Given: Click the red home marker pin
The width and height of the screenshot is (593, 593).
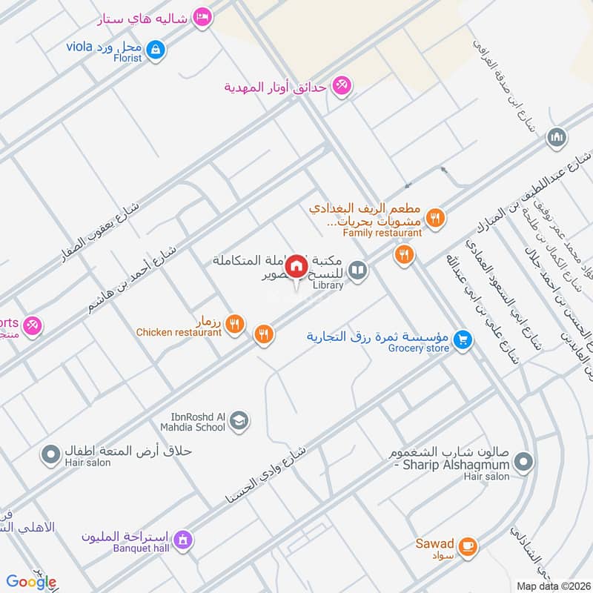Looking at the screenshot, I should [296, 265].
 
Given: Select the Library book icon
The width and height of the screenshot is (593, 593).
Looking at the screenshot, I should [358, 271].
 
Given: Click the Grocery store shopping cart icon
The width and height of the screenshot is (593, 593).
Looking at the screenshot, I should [463, 339].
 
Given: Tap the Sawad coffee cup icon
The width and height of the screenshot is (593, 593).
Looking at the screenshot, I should [467, 546].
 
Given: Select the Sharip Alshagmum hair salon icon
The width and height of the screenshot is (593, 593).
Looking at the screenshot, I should [524, 463].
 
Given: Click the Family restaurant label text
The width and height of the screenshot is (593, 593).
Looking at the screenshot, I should [368, 233].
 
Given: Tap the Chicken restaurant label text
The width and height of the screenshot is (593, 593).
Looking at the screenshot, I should [179, 332].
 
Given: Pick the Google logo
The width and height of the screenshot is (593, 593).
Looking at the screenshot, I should [31, 582].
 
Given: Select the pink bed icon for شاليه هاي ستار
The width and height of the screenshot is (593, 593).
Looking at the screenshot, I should [201, 16].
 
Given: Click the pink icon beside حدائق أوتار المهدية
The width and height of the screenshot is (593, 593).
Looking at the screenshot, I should [341, 86].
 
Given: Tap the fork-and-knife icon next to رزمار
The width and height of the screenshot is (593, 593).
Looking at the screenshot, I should [235, 322].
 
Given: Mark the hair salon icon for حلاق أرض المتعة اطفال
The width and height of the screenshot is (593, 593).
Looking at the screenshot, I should [51, 453].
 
